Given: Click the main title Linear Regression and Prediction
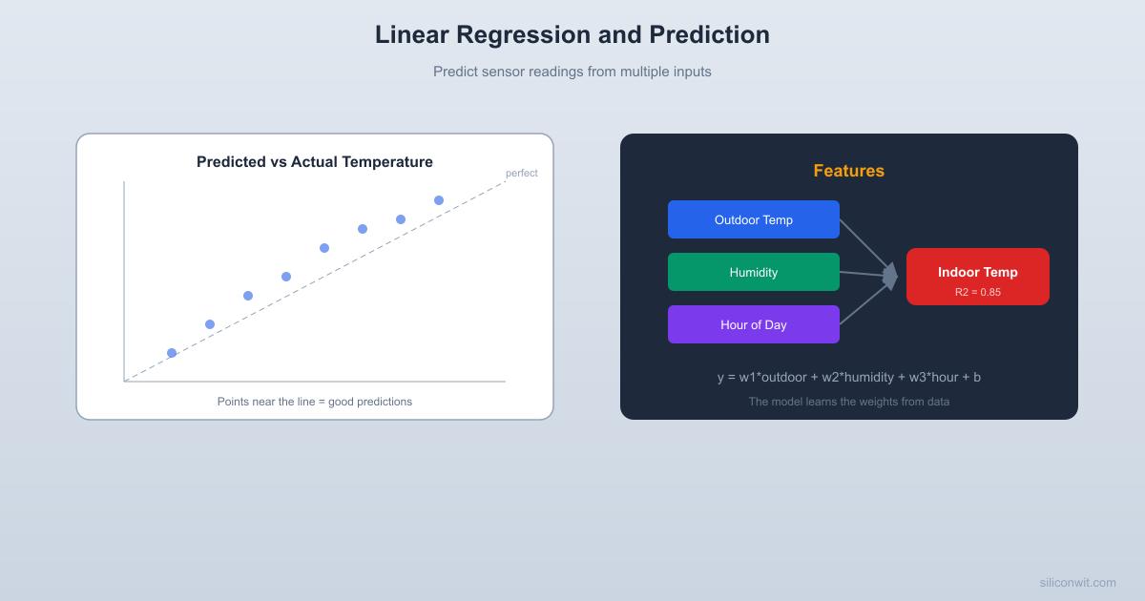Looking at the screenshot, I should coord(572,34).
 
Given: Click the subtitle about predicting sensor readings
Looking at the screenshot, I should coord(572,72).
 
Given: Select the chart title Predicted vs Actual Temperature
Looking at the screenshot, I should coord(315,162).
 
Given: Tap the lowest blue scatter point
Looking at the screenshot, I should coord(172,353).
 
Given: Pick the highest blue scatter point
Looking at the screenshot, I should coord(439,200).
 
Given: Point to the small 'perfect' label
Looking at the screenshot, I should coord(521,173).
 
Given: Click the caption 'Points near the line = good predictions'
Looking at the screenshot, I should coord(315,402).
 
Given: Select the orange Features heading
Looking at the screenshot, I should coord(848,171).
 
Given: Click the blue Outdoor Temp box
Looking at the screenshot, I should coord(754,219).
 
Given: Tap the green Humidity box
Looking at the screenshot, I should coord(754,272).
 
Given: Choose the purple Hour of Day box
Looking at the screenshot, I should coord(754,324).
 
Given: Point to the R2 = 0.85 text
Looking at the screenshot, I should coord(977,292).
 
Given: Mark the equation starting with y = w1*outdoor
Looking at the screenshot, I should coord(848,377).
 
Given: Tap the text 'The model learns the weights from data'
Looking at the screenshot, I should coord(848,402).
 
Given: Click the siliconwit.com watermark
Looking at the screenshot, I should coord(1077,582).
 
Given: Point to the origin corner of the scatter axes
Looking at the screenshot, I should coord(124,382).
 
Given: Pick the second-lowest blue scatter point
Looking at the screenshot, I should coord(210,324).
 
